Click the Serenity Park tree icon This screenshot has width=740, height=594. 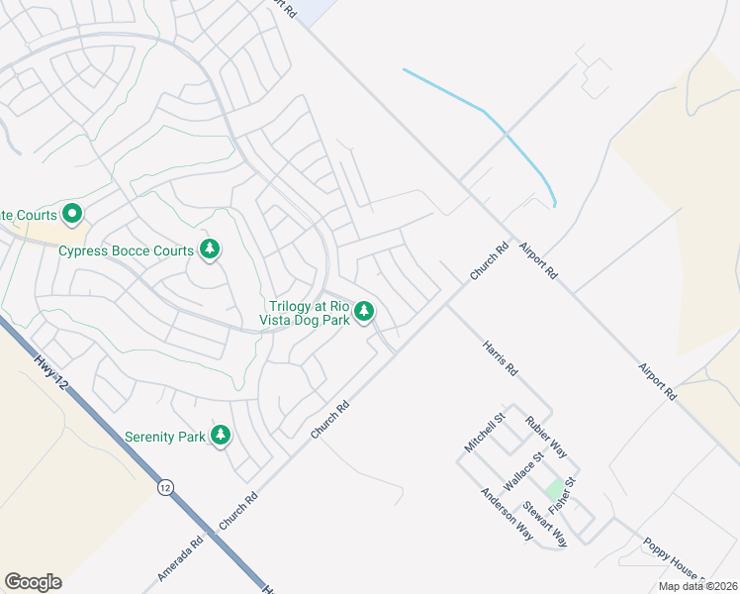point(221,435)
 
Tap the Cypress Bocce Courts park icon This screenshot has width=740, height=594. point(209,248)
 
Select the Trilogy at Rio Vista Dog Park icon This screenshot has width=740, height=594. point(364,312)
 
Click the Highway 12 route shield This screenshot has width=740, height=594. point(165,487)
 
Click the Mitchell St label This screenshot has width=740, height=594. point(485,432)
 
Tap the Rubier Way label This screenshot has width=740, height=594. point(546,436)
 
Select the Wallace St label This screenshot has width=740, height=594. point(524,470)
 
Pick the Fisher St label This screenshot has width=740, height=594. point(562,492)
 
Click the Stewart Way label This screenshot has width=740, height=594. point(545,525)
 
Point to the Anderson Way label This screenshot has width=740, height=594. point(508,514)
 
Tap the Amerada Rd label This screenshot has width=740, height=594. point(180,557)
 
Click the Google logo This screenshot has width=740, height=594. point(33,582)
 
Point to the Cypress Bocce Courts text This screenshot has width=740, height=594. point(126,250)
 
